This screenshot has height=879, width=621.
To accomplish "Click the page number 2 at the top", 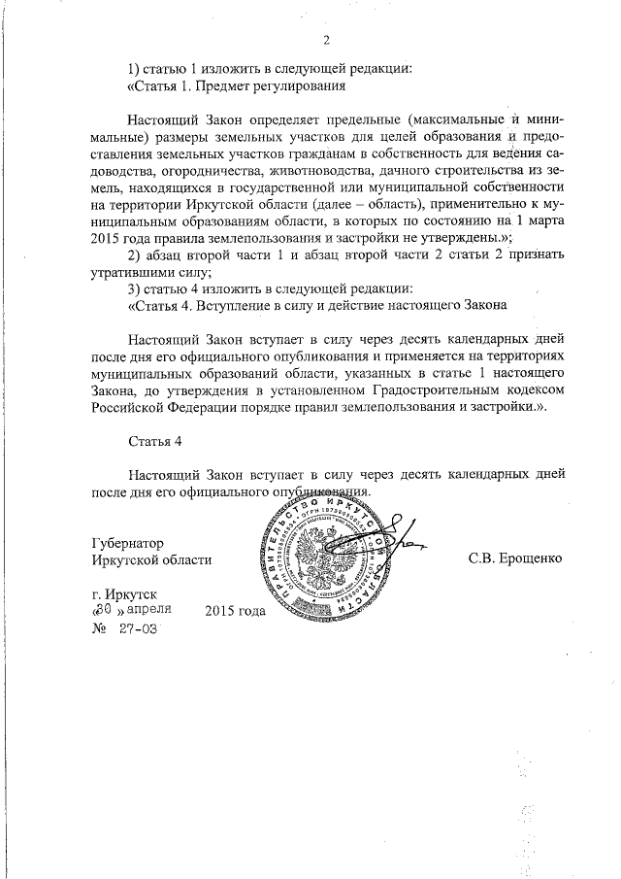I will [326, 40].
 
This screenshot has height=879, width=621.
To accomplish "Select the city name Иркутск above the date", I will [129, 592].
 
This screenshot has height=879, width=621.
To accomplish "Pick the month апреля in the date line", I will [148, 610].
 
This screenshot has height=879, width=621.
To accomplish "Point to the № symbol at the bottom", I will [96, 629].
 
